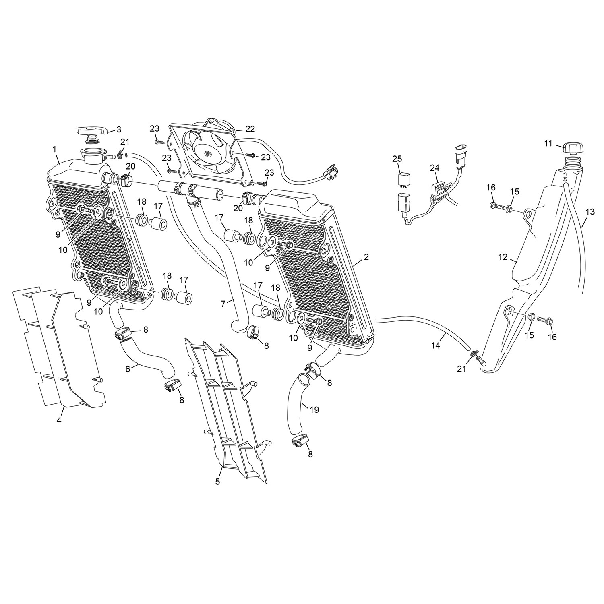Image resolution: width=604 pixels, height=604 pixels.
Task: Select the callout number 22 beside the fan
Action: click(250, 129)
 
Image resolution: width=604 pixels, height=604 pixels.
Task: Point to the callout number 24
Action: click(435, 168)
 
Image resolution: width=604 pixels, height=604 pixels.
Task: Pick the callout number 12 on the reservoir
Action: click(503, 257)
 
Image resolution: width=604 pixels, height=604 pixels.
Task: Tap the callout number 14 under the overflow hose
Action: click(436, 345)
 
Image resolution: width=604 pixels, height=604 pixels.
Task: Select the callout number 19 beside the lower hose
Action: click(314, 410)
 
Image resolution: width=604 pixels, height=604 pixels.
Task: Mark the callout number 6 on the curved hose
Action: click(128, 368)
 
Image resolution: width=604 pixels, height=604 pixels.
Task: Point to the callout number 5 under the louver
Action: click(217, 482)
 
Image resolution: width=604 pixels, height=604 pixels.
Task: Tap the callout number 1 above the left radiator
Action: click(54, 149)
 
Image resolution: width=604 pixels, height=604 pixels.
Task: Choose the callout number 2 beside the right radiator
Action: click(366, 256)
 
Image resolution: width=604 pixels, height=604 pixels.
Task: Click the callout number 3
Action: click(118, 129)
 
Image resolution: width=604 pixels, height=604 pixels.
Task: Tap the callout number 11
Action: click(548, 143)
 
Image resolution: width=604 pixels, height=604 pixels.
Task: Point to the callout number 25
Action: click(397, 159)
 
